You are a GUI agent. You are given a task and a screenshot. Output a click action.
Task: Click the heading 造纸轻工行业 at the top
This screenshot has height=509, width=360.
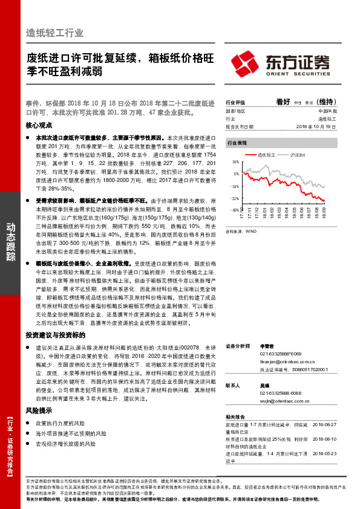tap(55, 33)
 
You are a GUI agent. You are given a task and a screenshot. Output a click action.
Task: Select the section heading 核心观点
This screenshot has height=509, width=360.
tap(39, 125)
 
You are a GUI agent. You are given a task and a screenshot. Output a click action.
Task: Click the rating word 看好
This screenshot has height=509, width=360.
tap(284, 102)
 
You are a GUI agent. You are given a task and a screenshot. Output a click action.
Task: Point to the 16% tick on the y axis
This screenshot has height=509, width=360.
tap(235, 163)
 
